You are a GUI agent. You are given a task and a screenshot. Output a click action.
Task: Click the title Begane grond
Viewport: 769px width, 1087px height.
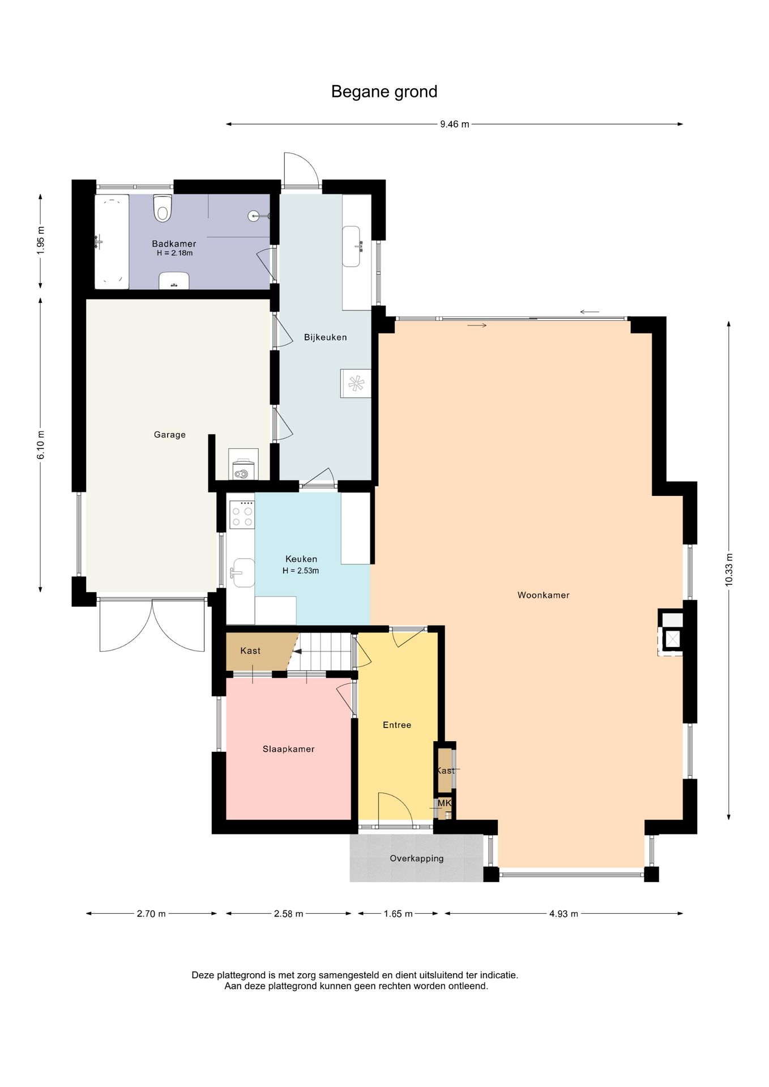coord(384,92)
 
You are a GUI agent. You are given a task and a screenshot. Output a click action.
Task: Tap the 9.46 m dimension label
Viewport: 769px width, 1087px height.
coord(455,125)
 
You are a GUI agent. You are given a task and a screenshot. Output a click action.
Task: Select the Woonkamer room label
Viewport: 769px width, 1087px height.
coord(543,595)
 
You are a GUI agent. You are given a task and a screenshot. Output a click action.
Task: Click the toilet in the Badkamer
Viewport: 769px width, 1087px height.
coord(163,208)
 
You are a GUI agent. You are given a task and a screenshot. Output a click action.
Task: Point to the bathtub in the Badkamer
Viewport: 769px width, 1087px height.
coord(112,242)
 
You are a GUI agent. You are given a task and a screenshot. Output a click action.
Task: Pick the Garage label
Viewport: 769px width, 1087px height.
coord(170,435)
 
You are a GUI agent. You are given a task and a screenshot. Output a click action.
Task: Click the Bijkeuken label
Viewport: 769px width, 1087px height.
coord(326,337)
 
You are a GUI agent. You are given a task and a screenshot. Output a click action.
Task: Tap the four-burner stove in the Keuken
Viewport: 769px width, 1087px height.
coord(242,515)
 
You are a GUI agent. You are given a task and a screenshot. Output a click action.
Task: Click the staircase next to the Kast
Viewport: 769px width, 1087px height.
coord(325,651)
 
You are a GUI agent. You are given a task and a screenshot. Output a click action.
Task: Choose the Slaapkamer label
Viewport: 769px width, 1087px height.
coord(288,749)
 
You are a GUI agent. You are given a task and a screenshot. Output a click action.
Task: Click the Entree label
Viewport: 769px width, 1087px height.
coord(397,725)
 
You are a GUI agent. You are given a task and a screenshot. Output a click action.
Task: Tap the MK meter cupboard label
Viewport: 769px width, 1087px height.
coord(445,803)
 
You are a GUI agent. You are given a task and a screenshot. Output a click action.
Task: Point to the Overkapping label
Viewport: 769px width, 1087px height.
coord(417,858)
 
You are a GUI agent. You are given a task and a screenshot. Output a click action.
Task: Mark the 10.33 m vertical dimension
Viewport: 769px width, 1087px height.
coord(729,570)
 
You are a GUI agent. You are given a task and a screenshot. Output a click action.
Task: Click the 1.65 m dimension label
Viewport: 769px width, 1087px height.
coord(398,914)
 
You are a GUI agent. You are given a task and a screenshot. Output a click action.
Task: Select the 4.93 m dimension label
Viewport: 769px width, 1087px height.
coord(563,914)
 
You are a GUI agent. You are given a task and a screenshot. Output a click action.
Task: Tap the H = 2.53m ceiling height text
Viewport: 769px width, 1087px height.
coord(301,571)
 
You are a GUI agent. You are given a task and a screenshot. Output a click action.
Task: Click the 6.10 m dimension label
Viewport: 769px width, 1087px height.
coord(41,446)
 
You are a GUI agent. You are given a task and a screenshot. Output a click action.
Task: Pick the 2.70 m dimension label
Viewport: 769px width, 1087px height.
coord(151,914)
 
